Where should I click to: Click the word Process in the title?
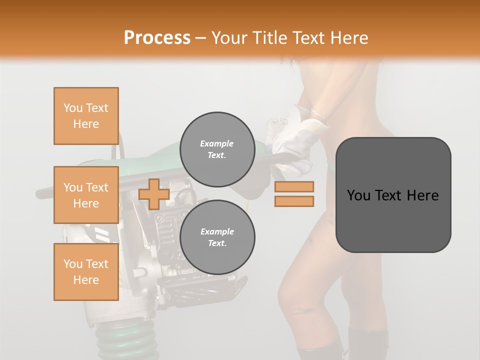point(157,38)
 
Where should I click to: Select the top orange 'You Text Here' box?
point(86,116)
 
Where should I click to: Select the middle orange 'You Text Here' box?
point(86,195)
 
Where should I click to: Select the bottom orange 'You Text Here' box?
point(86,272)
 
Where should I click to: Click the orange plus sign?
point(154,194)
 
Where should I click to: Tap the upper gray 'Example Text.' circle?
point(217,149)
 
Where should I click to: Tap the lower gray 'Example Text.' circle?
point(217,237)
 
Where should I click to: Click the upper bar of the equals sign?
point(294,187)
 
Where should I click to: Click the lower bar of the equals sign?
point(294,201)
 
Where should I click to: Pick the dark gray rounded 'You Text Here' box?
point(393,195)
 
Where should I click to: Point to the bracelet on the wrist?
point(319,116)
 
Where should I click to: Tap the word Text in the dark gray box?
point(393,195)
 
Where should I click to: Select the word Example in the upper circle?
point(217,143)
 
